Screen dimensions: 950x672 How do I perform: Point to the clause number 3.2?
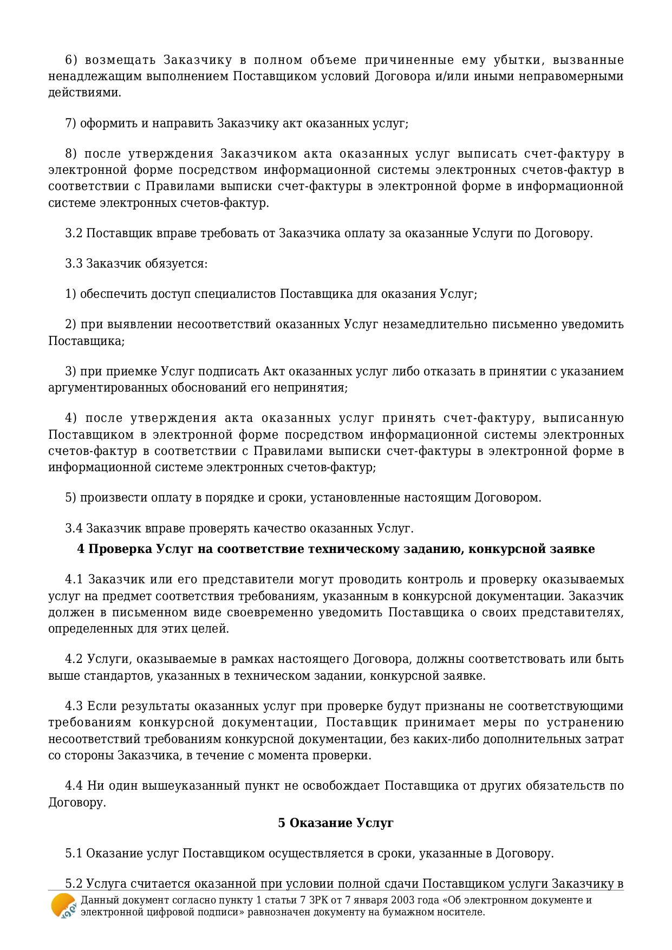tap(74, 233)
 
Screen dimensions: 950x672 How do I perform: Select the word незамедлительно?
tap(435, 324)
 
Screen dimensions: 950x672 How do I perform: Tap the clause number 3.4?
tap(74, 528)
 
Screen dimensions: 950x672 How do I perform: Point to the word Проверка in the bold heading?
tap(120, 549)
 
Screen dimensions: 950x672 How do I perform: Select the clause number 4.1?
tap(74, 580)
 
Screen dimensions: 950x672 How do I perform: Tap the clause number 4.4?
tap(74, 785)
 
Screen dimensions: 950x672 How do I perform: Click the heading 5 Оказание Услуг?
tap(336, 823)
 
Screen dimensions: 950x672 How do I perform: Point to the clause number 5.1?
tap(74, 854)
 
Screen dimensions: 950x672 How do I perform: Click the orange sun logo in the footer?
tap(63, 906)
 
